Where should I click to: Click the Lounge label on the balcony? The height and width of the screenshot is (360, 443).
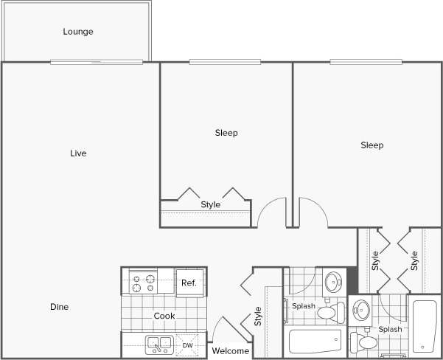[x=78, y=32]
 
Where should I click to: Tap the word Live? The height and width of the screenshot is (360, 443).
[x=78, y=153]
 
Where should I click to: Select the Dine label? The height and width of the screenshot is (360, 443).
[x=60, y=307]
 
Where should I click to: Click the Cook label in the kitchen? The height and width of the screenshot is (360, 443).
[x=164, y=316]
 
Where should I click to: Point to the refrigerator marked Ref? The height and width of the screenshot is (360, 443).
[x=189, y=283]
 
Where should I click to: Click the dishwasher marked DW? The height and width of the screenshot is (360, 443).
[x=188, y=345]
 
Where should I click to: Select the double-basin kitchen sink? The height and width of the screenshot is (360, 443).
[x=158, y=344]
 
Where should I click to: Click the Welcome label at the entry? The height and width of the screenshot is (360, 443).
[x=230, y=351]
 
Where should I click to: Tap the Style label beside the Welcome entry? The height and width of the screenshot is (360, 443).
[x=258, y=316]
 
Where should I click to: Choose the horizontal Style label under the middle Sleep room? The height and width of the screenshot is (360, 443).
[x=211, y=204]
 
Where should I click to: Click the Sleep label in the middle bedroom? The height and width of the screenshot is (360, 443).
[x=226, y=133]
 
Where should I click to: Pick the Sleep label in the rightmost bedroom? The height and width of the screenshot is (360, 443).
[x=372, y=145]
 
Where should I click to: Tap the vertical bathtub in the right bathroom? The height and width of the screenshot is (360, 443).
[x=425, y=325]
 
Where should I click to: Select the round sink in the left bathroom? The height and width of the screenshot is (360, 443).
[x=334, y=282]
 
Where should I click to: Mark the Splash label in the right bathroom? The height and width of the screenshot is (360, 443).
[x=390, y=329]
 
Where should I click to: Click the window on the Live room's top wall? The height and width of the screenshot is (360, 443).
[x=96, y=62]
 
